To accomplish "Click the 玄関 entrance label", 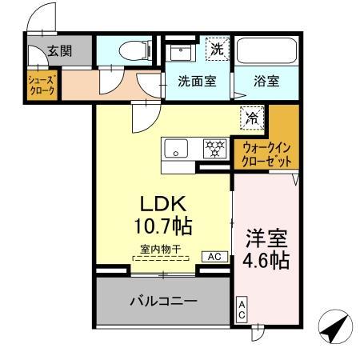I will tap(59, 50).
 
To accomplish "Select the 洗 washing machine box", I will tap(216, 49).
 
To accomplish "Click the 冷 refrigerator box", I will tap(252, 117).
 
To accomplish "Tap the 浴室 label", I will tap(266, 81).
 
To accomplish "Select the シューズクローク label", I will tap(42, 86).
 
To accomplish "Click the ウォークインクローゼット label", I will tap(266, 153).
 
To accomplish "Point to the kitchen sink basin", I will tap(178, 149).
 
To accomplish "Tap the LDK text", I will tap(164, 202).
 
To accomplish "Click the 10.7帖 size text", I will tap(164, 225).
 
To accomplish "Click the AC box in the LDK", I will tap(215, 257).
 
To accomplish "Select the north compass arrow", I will tap(337, 328).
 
